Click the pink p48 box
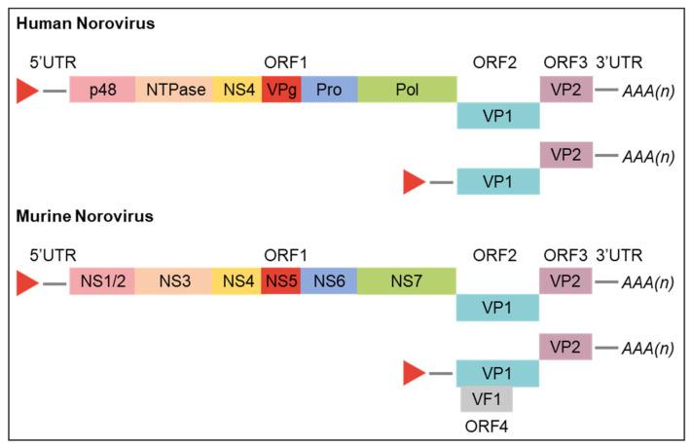click(102, 91)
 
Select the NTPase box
click(174, 91)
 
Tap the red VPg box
click(281, 91)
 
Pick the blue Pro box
click(329, 91)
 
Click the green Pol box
click(407, 91)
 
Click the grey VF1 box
click(487, 398)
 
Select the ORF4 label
click(487, 425)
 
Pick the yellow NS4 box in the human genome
click(236, 91)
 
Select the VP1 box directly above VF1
click(498, 373)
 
